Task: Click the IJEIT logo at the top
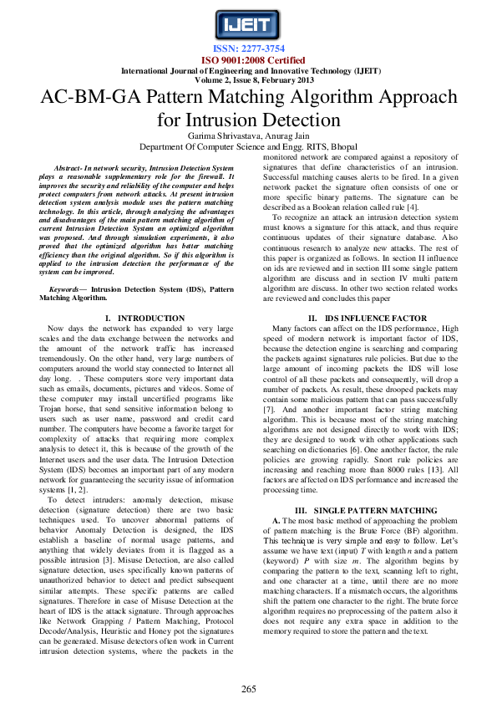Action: pyautogui.click(x=248, y=26)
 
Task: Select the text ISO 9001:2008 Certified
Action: pyautogui.click(x=248, y=61)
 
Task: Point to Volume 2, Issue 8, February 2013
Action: pyautogui.click(x=248, y=79)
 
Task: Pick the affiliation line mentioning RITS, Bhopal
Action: pyautogui.click(x=248, y=145)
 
